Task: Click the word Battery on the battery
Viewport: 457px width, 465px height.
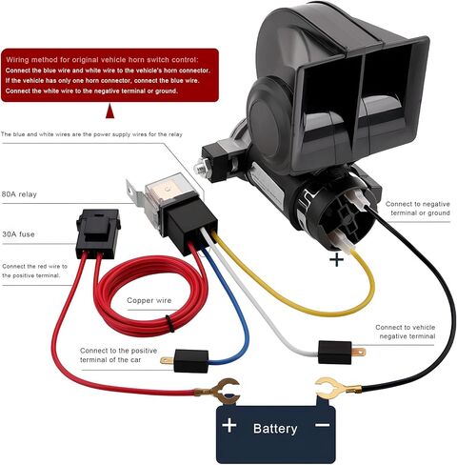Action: tap(275, 429)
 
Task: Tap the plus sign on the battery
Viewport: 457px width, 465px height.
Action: tap(229, 425)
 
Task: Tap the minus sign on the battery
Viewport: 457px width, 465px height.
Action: tap(323, 425)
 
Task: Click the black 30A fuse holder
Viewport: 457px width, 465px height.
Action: tap(98, 233)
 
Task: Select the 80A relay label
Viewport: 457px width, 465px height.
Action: tap(19, 194)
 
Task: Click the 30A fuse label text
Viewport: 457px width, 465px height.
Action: tap(18, 234)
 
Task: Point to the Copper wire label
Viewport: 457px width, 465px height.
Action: tap(149, 300)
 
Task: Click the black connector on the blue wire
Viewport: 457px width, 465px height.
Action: tap(191, 360)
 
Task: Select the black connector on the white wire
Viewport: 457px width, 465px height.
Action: tap(335, 352)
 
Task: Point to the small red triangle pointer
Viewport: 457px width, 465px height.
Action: tap(109, 111)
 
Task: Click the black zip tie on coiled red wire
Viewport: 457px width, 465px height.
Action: tap(169, 324)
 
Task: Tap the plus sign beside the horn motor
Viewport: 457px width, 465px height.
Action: tap(336, 260)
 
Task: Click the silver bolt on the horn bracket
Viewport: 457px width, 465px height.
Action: tap(200, 168)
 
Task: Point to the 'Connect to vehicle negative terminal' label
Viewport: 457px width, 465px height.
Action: tap(405, 332)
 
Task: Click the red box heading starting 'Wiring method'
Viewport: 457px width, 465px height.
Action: tap(102, 60)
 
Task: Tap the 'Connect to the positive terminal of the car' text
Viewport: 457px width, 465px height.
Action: tap(118, 355)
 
